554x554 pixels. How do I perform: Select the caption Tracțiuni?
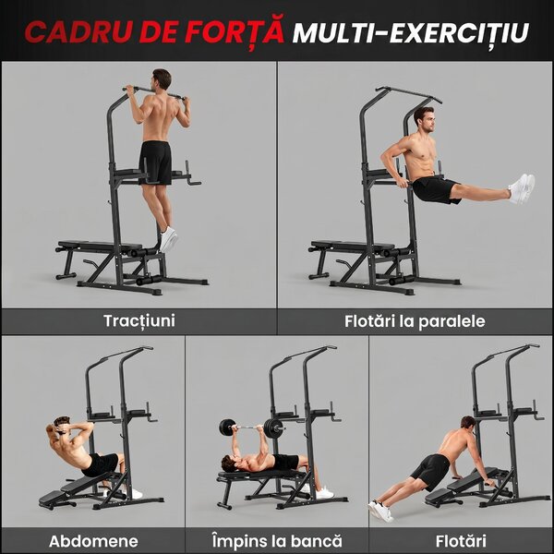tap(139, 321)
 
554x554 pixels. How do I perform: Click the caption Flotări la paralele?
tap(415, 321)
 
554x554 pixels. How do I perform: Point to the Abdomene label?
tap(93, 541)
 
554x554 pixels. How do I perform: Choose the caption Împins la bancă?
tap(277, 540)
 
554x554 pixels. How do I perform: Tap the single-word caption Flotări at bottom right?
tap(461, 541)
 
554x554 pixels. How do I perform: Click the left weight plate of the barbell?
tap(227, 428)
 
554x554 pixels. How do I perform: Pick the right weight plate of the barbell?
tap(272, 428)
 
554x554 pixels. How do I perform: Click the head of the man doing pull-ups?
tap(162, 79)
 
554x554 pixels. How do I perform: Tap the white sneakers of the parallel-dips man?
tap(522, 188)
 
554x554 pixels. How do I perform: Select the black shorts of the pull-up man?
tap(155, 163)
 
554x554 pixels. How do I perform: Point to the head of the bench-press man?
tap(229, 463)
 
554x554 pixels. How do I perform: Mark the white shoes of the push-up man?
tap(380, 511)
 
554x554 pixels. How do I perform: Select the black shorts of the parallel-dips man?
tap(435, 190)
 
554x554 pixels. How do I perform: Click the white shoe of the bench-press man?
tap(324, 492)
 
